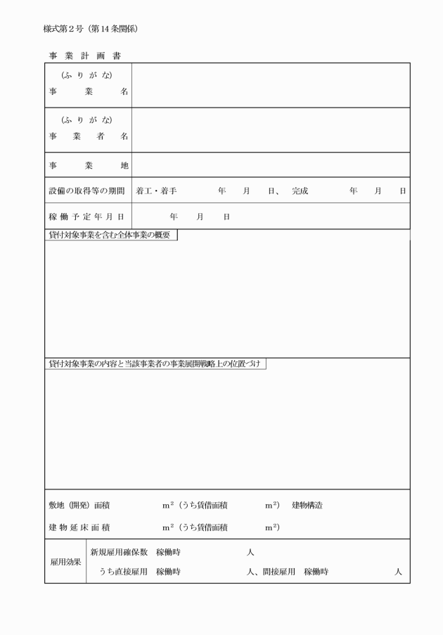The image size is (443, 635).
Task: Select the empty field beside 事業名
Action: click(x=270, y=85)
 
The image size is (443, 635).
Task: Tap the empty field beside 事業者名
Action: click(x=270, y=130)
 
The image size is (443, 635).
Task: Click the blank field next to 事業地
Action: click(x=270, y=165)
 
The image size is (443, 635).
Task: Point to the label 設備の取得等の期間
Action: click(x=88, y=191)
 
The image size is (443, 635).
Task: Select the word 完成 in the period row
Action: click(x=300, y=191)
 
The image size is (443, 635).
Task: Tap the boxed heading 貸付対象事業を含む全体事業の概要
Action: click(x=110, y=235)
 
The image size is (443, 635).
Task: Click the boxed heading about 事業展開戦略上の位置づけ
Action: click(x=155, y=364)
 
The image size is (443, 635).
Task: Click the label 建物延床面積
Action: click(x=79, y=527)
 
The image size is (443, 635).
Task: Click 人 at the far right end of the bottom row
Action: click(x=398, y=572)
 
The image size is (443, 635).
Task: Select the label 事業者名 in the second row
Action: click(x=88, y=136)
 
